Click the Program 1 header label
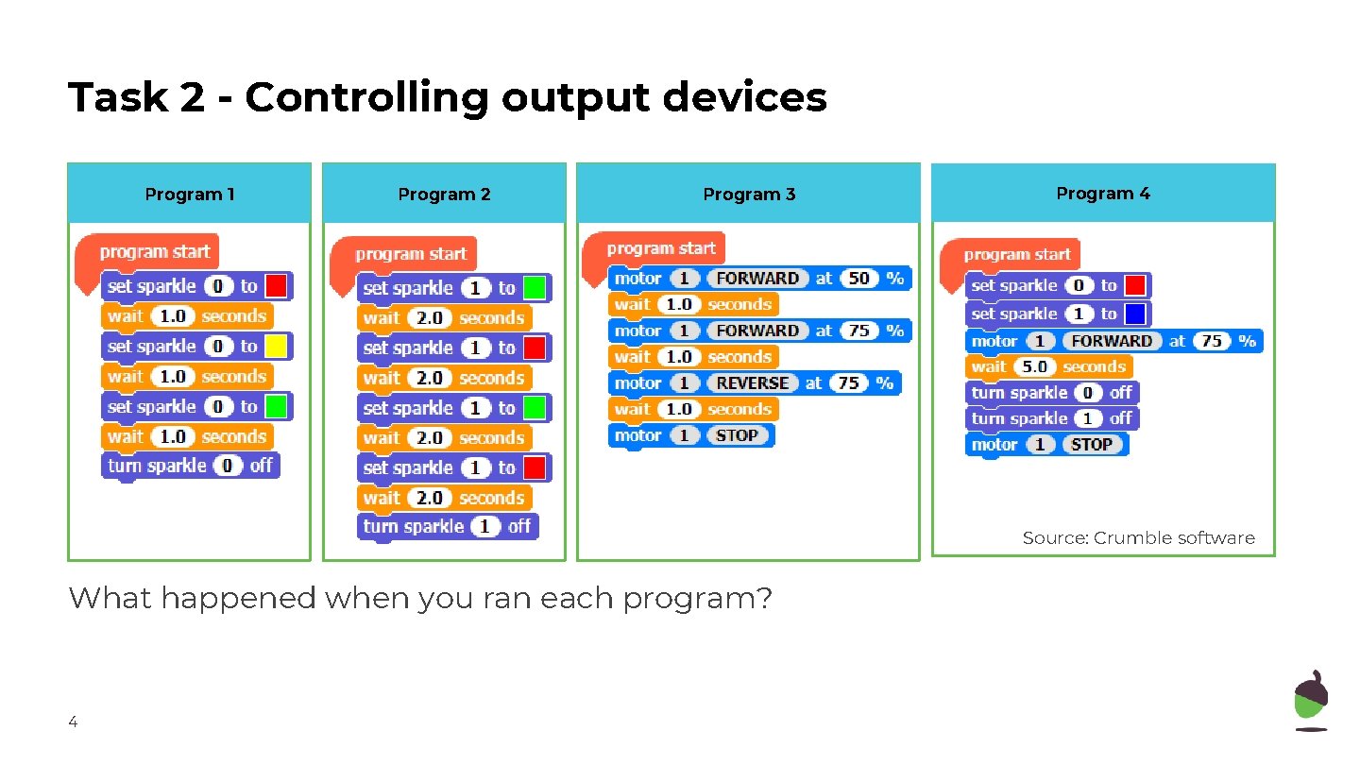coord(189,195)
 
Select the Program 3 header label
coord(749,195)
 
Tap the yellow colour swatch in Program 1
coord(276,347)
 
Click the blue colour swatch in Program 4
coord(1135,314)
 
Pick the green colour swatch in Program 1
coord(276,407)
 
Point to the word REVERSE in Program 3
coord(752,383)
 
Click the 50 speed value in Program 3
coord(858,279)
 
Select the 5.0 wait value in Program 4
coord(1035,366)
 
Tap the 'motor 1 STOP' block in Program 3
coord(690,435)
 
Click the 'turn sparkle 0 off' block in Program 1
coord(190,466)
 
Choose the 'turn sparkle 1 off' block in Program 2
coord(447,526)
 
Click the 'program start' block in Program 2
coord(410,254)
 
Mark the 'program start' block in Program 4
coord(1016,255)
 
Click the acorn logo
coord(1310,700)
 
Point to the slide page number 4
coord(73,722)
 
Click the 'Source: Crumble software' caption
coord(1138,538)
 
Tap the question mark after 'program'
coord(764,598)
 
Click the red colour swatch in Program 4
coord(1135,285)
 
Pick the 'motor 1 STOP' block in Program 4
coord(1046,444)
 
